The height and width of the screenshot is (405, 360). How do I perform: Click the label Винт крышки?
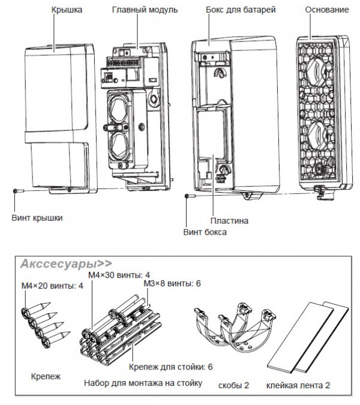point(37,217)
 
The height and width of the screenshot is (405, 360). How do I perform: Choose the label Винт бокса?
point(205,232)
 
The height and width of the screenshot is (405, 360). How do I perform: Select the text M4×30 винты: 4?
point(119,275)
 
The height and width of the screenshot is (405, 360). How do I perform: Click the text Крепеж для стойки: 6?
point(164,366)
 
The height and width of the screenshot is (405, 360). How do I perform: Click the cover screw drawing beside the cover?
point(18,190)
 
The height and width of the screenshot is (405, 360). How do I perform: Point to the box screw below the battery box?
point(187,196)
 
